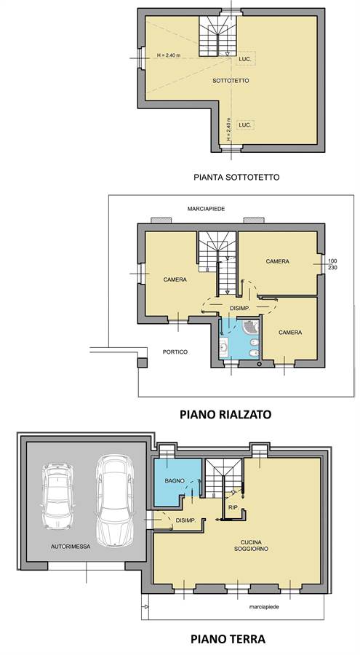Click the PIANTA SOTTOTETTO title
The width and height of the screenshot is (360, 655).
(x=236, y=177)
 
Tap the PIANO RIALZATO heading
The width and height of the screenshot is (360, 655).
(x=225, y=414)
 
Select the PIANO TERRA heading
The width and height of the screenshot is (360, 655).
(x=228, y=639)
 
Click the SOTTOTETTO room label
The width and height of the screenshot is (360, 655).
(x=231, y=81)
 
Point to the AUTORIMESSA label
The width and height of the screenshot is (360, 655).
(x=71, y=546)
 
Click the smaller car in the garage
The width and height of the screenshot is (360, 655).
(x=57, y=496)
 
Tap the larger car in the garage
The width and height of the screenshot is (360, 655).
(x=114, y=500)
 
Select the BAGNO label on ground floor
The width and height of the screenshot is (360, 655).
(x=175, y=481)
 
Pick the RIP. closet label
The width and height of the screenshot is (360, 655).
(x=233, y=507)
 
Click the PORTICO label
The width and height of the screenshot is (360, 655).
(x=175, y=352)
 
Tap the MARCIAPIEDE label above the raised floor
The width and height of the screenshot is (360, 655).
(x=207, y=209)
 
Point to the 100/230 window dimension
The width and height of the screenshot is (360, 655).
(x=333, y=264)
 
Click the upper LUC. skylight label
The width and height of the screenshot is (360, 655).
(x=245, y=60)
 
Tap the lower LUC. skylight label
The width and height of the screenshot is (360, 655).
(x=245, y=125)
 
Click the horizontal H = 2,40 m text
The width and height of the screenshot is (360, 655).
(x=168, y=55)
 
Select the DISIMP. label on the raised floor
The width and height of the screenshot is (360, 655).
(x=240, y=309)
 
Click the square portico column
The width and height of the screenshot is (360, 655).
(x=143, y=363)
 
